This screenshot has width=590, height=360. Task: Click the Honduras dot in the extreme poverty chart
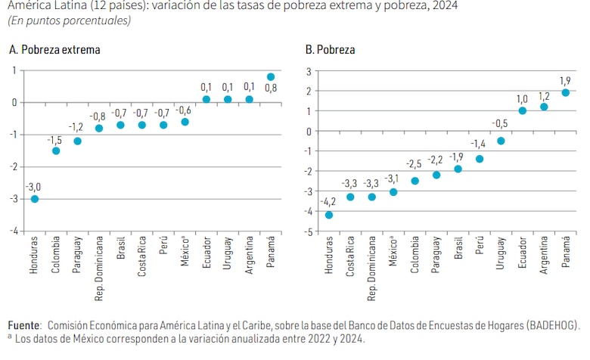pos(35,199)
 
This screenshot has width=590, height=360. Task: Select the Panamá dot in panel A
pos(271,76)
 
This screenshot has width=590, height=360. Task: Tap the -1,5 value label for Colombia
pos(54,141)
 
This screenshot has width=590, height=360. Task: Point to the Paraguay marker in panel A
pos(77,141)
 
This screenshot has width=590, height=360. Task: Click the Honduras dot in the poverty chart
pos(329,215)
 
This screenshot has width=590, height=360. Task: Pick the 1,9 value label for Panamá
pos(565,81)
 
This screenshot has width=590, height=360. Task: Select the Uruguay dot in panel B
pos(501,141)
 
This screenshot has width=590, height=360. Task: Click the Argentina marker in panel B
pos(544,107)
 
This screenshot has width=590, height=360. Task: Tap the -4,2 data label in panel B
pos(329,202)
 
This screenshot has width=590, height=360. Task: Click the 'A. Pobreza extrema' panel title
pos(54,50)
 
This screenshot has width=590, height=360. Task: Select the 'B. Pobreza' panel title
pos(330,50)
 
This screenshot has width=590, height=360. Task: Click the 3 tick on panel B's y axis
pos(309,71)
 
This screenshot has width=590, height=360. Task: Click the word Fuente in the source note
pos(24,324)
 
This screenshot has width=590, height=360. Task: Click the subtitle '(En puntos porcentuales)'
pos(69,20)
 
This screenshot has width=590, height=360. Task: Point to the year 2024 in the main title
pos(443,6)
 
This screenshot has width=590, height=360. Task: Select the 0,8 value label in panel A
pos(271,88)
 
